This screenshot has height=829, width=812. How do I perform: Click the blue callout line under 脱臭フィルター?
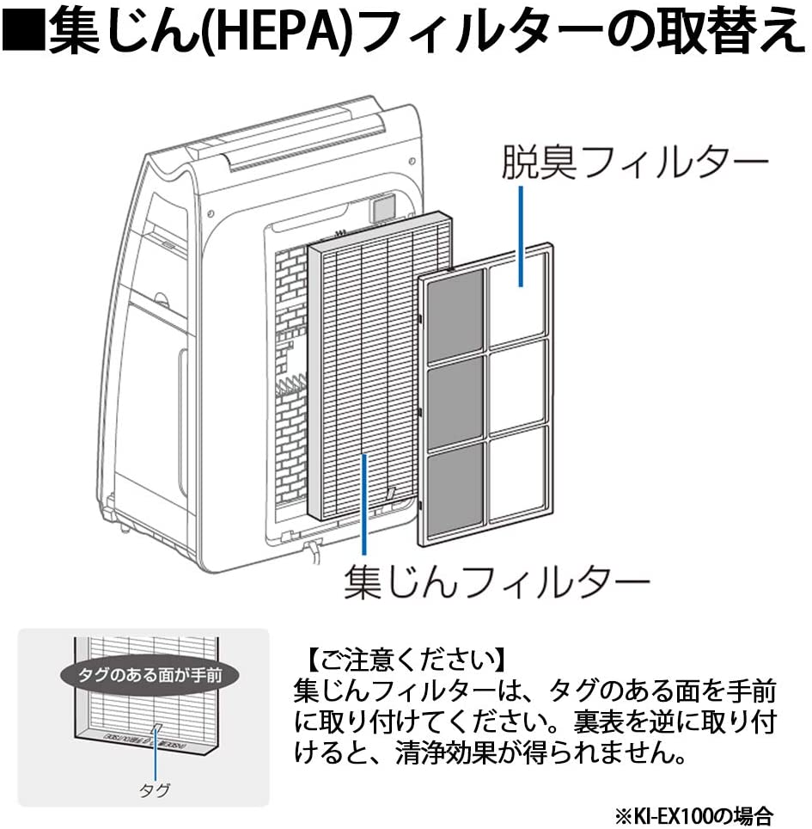click(521, 232)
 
